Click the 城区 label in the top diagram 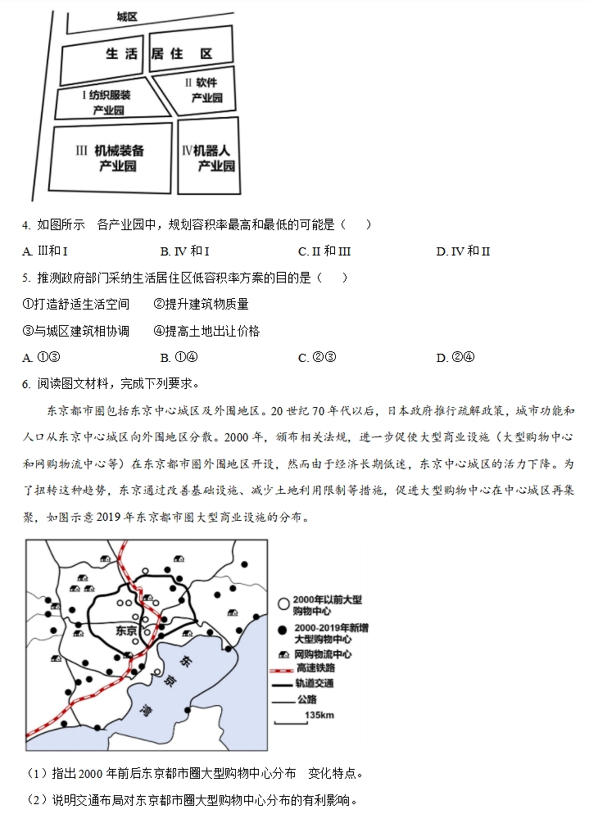click(x=126, y=16)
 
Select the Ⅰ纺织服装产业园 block click(x=107, y=102)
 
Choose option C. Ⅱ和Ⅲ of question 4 click(x=324, y=251)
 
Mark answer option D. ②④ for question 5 click(x=455, y=357)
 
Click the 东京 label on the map click(x=127, y=631)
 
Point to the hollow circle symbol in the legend click(x=283, y=603)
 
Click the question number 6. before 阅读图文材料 click(x=27, y=383)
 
